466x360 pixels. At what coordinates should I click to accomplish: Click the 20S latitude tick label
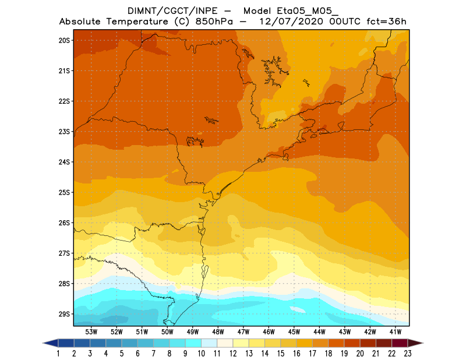pyautogui.click(x=64, y=40)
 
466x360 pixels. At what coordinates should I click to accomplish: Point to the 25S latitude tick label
pyautogui.click(x=64, y=192)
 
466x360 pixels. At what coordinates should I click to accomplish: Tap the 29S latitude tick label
pyautogui.click(x=64, y=314)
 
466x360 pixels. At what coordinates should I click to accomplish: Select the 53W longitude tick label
pyautogui.click(x=91, y=331)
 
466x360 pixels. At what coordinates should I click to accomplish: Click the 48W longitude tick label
pyautogui.click(x=218, y=331)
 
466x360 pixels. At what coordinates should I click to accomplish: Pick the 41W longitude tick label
pyautogui.click(x=395, y=331)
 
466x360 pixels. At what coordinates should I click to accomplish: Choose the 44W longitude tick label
pyautogui.click(x=319, y=331)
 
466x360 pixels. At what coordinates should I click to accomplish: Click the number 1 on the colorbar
pyautogui.click(x=59, y=354)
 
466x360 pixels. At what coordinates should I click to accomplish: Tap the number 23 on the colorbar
pyautogui.click(x=407, y=354)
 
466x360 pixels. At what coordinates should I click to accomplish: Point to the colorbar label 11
pyautogui.click(x=217, y=354)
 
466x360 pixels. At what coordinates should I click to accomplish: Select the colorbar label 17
pyautogui.click(x=312, y=354)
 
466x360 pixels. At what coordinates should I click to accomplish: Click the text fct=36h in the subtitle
pyautogui.click(x=386, y=22)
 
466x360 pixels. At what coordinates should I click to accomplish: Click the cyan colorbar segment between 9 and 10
pyautogui.click(x=193, y=343)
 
